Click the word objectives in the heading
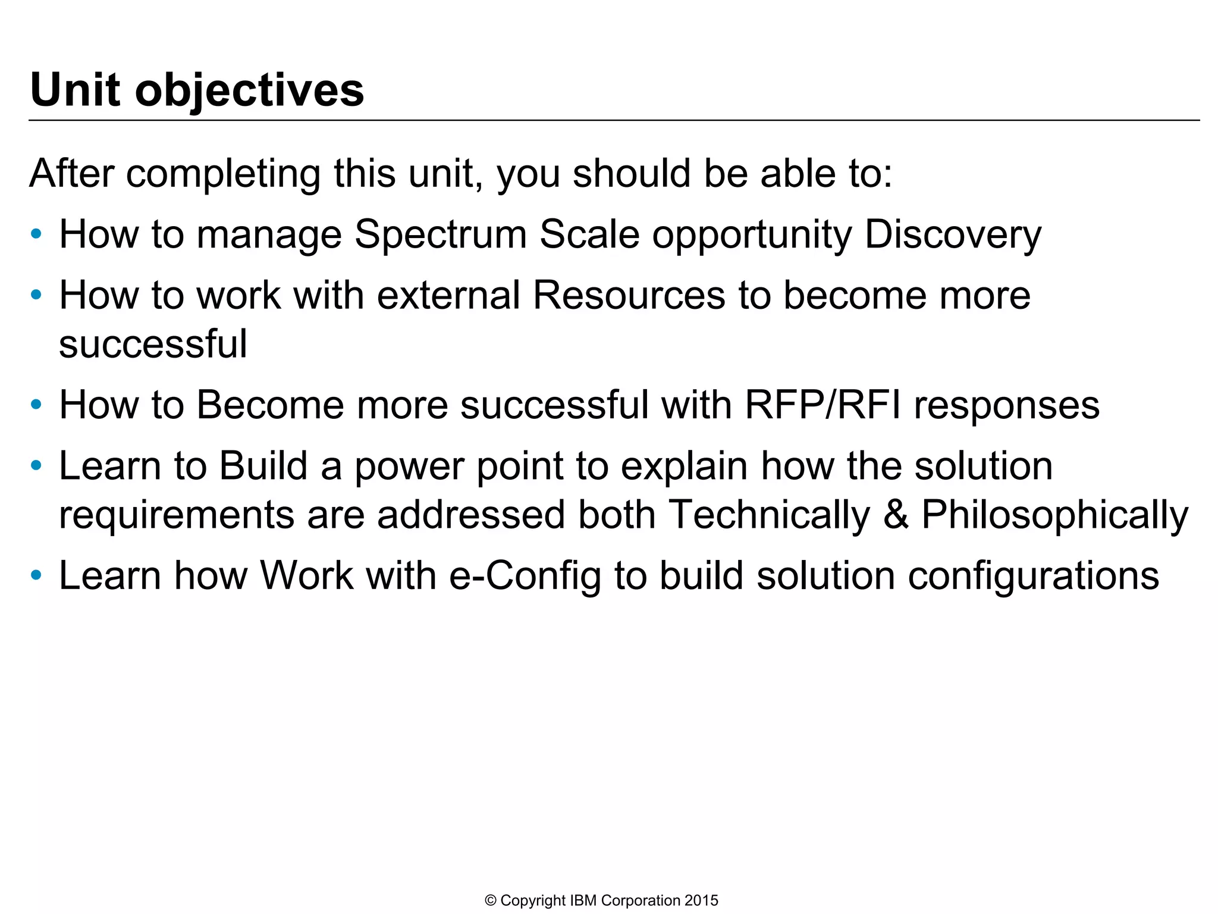pyautogui.click(x=249, y=91)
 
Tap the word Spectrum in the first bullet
pyautogui.click(x=440, y=234)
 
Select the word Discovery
pyautogui.click(x=952, y=234)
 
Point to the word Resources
pyautogui.click(x=629, y=295)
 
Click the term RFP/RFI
pyautogui.click(x=823, y=405)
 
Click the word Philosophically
pyautogui.click(x=1054, y=515)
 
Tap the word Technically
pyautogui.click(x=769, y=515)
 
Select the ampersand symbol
pyautogui.click(x=896, y=515)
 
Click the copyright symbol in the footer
pyautogui.click(x=491, y=901)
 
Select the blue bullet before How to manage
pyautogui.click(x=36, y=234)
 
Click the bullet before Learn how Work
pyautogui.click(x=36, y=575)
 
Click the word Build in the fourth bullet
pyautogui.click(x=263, y=466)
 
